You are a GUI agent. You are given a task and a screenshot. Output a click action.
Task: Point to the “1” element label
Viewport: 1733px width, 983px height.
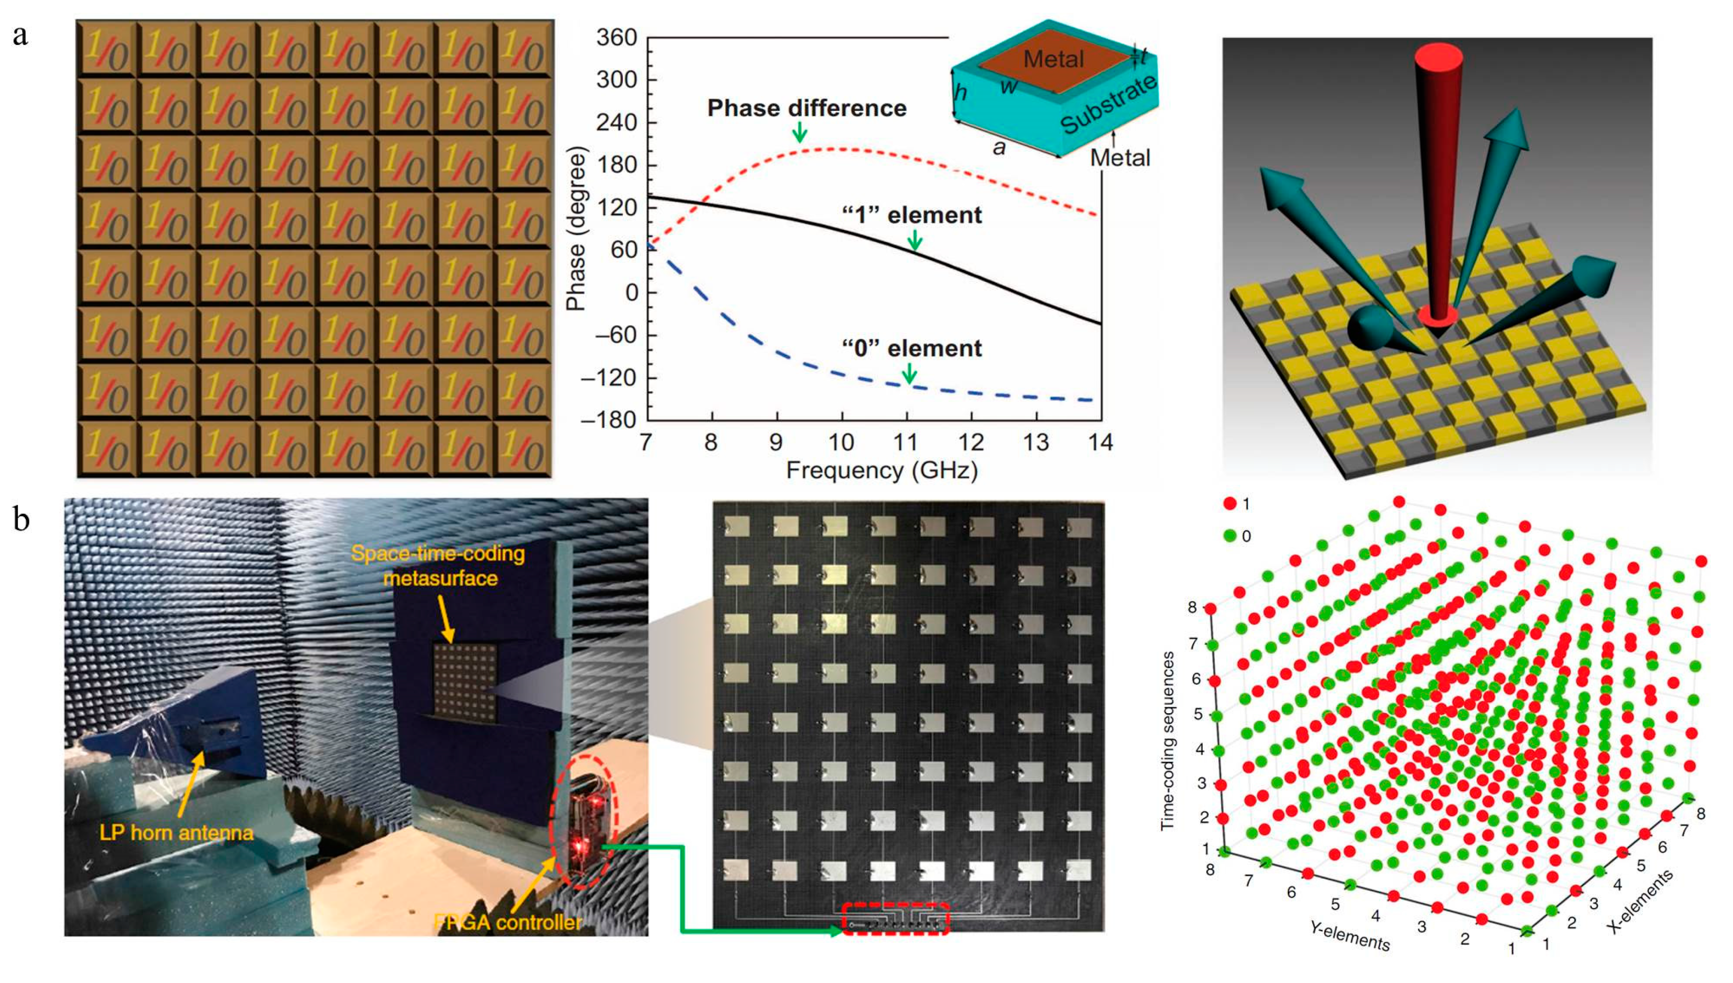tap(912, 215)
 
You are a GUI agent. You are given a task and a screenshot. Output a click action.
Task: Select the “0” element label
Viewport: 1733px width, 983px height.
tap(912, 348)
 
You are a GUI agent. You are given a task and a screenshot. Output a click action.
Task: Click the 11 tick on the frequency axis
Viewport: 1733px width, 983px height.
tap(905, 442)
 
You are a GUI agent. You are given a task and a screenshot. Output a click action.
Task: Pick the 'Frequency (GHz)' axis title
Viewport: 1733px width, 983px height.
tap(881, 471)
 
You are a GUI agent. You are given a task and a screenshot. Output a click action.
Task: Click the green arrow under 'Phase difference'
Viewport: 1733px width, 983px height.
tap(800, 132)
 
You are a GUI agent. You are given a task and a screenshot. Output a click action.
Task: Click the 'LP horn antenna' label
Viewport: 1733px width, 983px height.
tap(176, 833)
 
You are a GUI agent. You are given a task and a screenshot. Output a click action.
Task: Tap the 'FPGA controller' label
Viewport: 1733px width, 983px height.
tap(508, 922)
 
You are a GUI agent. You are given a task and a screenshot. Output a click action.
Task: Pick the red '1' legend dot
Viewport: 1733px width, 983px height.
tap(1230, 504)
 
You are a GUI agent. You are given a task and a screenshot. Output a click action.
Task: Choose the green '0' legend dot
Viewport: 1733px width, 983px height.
tap(1230, 536)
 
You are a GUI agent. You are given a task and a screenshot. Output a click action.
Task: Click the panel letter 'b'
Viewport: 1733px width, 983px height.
tap(22, 520)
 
